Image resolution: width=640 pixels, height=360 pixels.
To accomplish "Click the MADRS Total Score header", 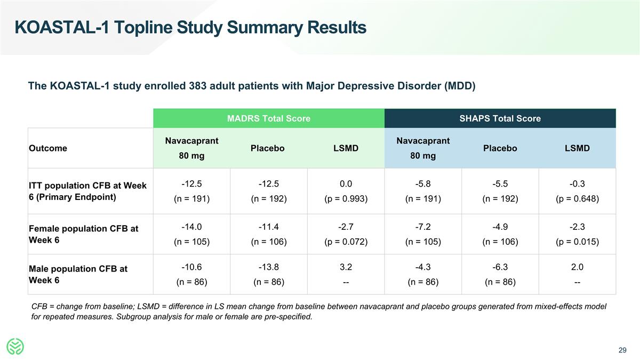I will click(x=268, y=118).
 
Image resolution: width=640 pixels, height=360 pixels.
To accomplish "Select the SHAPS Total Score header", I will click(x=500, y=118).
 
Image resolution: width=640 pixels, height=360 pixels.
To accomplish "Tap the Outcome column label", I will click(x=48, y=148).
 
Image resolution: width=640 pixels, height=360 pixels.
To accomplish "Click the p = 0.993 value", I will click(x=346, y=199).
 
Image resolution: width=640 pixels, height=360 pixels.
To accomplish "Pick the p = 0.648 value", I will click(x=577, y=199).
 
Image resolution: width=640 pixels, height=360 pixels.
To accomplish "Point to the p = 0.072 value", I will click(x=346, y=242).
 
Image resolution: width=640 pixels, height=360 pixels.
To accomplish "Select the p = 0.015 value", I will click(x=577, y=242).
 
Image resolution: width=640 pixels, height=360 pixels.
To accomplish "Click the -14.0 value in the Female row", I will click(x=191, y=227).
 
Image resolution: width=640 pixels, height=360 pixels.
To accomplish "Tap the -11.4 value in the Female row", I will click(x=268, y=227).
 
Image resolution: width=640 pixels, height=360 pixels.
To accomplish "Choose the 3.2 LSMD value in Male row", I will click(x=346, y=267).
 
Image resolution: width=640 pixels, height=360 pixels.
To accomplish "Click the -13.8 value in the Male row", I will click(x=268, y=267).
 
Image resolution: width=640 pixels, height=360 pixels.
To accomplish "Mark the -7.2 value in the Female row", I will click(x=423, y=227).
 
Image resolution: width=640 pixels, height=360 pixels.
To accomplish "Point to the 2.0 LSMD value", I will click(x=577, y=267).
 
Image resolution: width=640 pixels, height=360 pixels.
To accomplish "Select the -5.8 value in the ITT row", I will click(x=423, y=185).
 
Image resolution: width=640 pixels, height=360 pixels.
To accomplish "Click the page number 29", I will click(x=622, y=350).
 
